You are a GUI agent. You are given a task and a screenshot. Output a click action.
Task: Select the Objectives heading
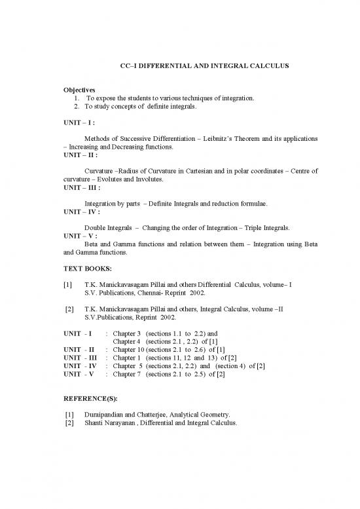pyautogui.click(x=79, y=90)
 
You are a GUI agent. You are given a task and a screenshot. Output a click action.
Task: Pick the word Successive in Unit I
pyautogui.click(x=142, y=139)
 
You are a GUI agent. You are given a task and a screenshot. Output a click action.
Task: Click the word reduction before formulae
pyautogui.click(x=223, y=203)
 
